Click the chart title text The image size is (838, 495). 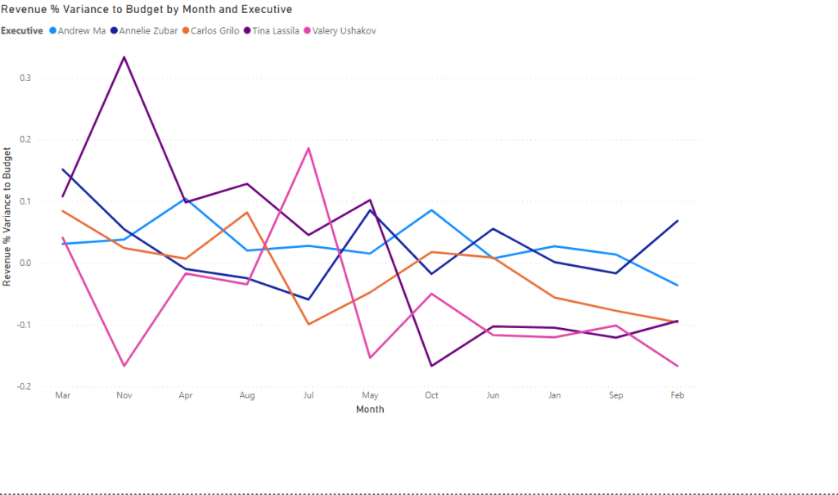147,10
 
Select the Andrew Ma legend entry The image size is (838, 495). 81,31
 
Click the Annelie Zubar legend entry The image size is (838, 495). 148,31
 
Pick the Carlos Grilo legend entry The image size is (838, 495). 215,31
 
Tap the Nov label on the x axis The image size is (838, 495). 124,395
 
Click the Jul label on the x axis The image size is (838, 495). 309,395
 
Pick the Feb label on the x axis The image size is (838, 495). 678,395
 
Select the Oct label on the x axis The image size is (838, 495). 431,395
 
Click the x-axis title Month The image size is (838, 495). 370,409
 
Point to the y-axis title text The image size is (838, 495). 8,216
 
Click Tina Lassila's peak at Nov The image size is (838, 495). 124,56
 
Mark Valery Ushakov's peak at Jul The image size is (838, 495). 309,148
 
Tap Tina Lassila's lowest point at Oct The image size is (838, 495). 431,366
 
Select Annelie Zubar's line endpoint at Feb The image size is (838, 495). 678,221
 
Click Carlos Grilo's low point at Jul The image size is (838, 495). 309,324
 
